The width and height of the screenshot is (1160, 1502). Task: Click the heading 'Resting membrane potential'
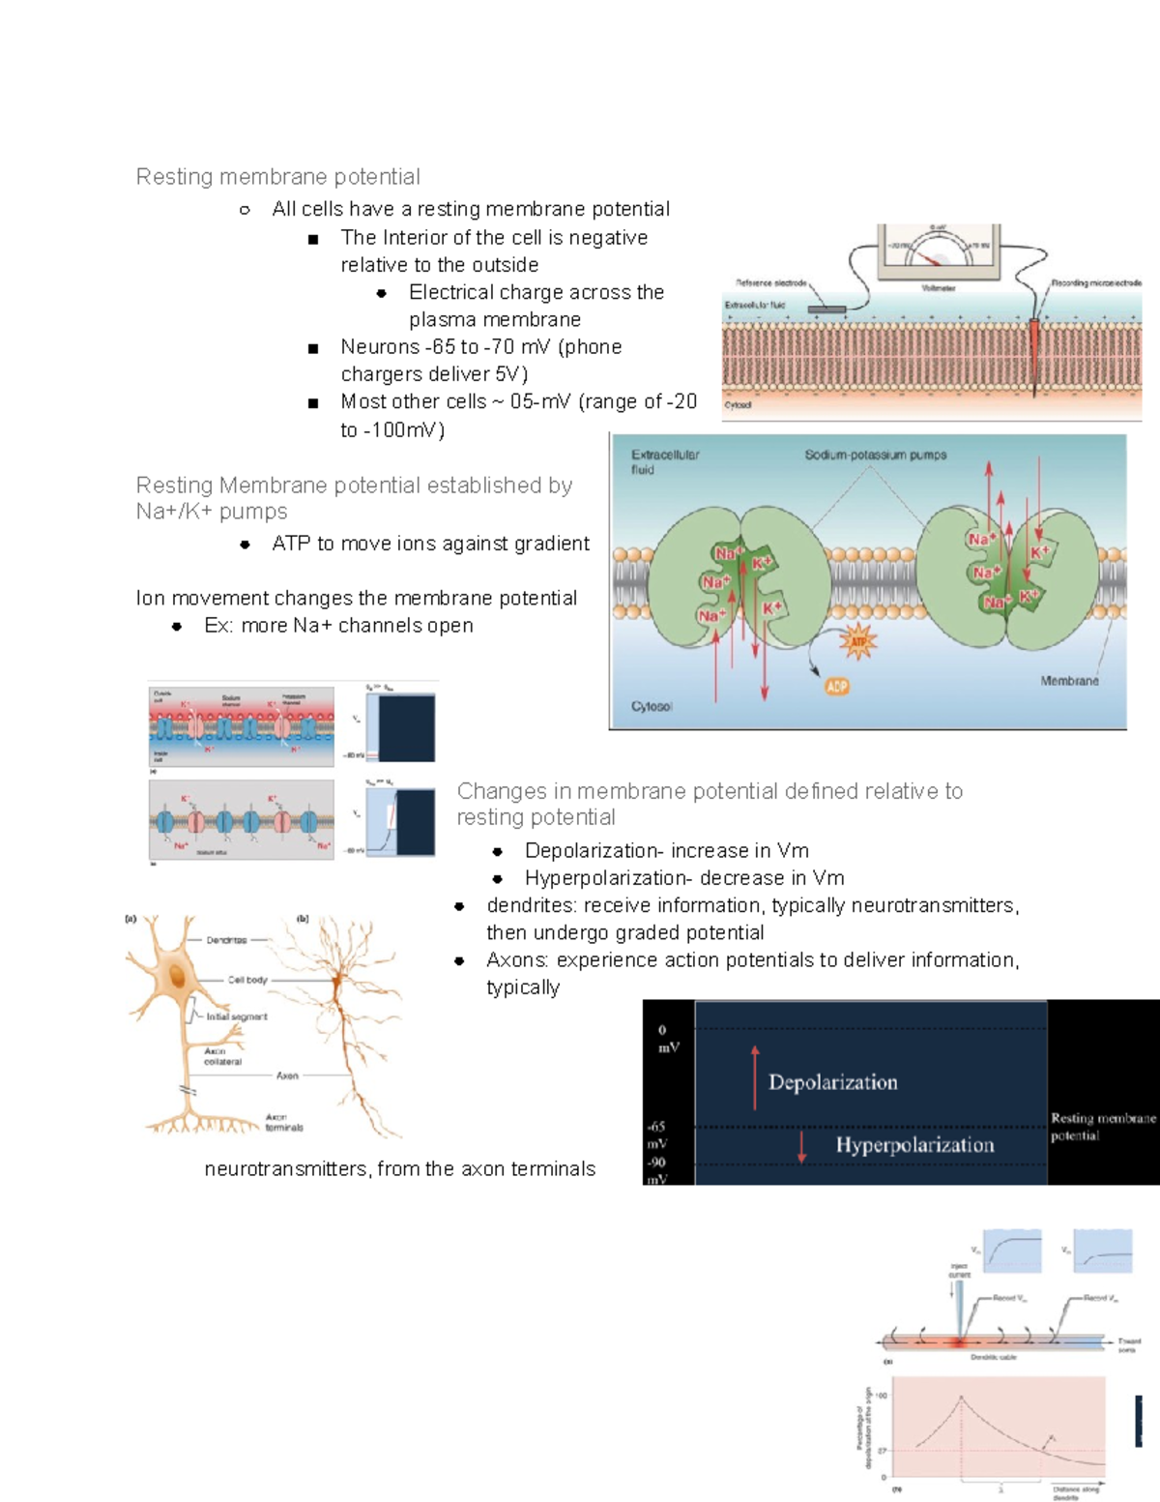pos(277,177)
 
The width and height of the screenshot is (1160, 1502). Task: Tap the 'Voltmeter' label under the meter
pos(938,288)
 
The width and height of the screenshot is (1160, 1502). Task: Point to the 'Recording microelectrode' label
pos(1096,283)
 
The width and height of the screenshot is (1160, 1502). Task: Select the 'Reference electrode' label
pos(770,283)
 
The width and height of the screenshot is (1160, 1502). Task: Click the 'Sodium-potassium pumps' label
pos(875,455)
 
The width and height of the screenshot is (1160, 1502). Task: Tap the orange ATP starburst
pos(857,641)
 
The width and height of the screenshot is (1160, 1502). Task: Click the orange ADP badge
pos(836,687)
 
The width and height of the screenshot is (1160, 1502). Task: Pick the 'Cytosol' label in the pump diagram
pos(652,707)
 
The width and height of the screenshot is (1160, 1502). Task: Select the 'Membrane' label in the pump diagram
pos(1069,681)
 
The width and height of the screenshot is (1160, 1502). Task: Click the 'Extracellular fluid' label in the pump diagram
pos(664,461)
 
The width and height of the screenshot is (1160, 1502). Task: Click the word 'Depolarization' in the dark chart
pos(832,1082)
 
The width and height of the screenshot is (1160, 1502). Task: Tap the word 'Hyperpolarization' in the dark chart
pos(914,1145)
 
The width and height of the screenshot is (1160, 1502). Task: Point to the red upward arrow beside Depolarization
pos(755,1076)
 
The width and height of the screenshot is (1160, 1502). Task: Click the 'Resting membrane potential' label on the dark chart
pos(1102,1127)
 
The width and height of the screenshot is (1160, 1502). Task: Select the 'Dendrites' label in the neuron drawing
pos(226,940)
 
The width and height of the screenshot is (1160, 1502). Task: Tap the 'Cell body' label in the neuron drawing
pos(247,980)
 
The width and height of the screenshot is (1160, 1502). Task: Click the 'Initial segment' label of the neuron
pos(236,1016)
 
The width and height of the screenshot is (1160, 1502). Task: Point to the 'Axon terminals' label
pos(284,1122)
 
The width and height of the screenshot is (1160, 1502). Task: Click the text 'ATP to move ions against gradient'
pos(430,544)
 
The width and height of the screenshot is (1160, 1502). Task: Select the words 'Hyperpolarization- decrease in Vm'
pos(684,878)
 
